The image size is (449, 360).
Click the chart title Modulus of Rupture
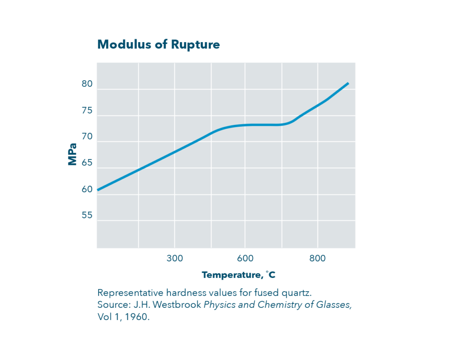coord(158,45)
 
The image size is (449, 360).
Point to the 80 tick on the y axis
coord(87,84)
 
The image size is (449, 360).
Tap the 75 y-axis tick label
coord(87,110)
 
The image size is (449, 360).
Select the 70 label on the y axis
coord(87,137)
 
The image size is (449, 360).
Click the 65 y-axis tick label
coord(87,163)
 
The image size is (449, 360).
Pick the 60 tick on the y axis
coord(87,189)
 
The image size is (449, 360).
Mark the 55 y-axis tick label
coord(87,216)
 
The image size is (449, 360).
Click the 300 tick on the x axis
coord(175,258)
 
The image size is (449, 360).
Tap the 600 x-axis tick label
coord(245,258)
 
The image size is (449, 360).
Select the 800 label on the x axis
coord(317,258)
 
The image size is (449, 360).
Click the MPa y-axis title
coord(72,154)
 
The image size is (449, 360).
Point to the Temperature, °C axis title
coord(239,275)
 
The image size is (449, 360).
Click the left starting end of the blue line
coord(98,190)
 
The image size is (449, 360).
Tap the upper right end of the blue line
coord(348,83)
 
